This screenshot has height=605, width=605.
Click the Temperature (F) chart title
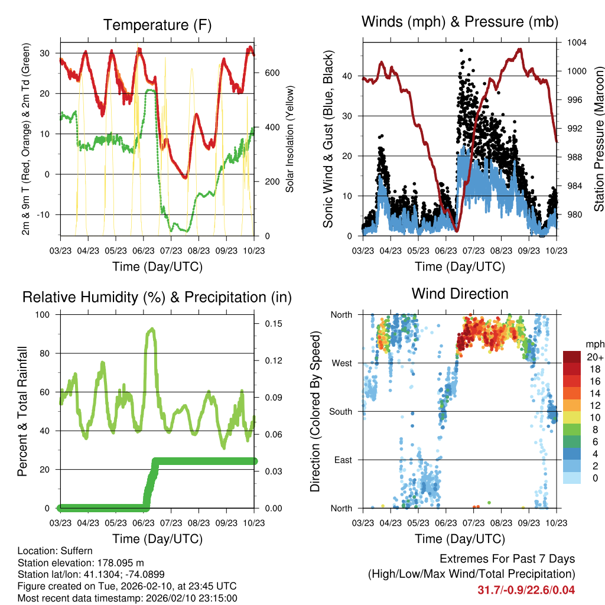click(157, 25)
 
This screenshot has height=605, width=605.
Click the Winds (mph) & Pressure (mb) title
click(460, 22)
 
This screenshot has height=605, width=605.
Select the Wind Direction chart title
click(460, 294)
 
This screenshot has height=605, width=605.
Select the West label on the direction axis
click(341, 363)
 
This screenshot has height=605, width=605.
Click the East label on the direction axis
click(342, 460)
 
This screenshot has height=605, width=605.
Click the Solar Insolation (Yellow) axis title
click(290, 139)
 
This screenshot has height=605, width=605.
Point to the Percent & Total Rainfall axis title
click(22, 411)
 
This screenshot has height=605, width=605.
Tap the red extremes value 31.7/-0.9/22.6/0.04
click(525, 590)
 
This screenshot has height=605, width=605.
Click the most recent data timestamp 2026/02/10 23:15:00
click(183, 598)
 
